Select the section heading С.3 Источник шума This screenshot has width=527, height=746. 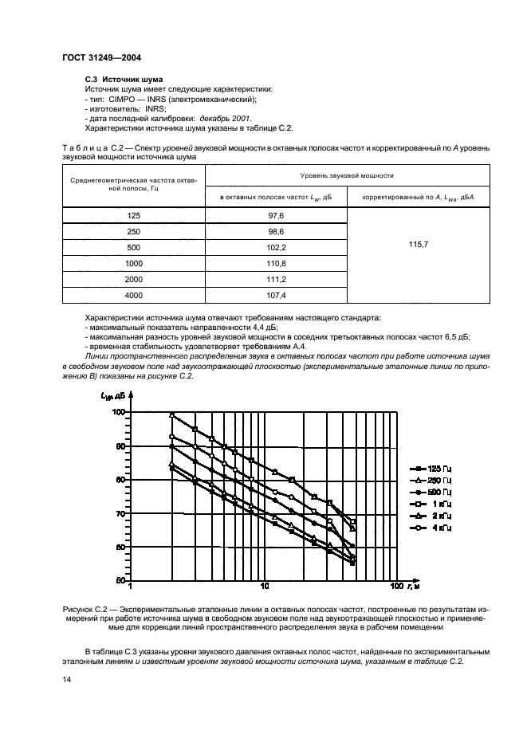click(x=124, y=80)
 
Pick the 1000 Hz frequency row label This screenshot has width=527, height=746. click(x=133, y=263)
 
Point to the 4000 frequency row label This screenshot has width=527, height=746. click(x=133, y=295)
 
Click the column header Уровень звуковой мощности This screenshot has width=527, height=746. click(x=346, y=175)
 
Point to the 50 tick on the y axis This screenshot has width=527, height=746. click(x=120, y=579)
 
